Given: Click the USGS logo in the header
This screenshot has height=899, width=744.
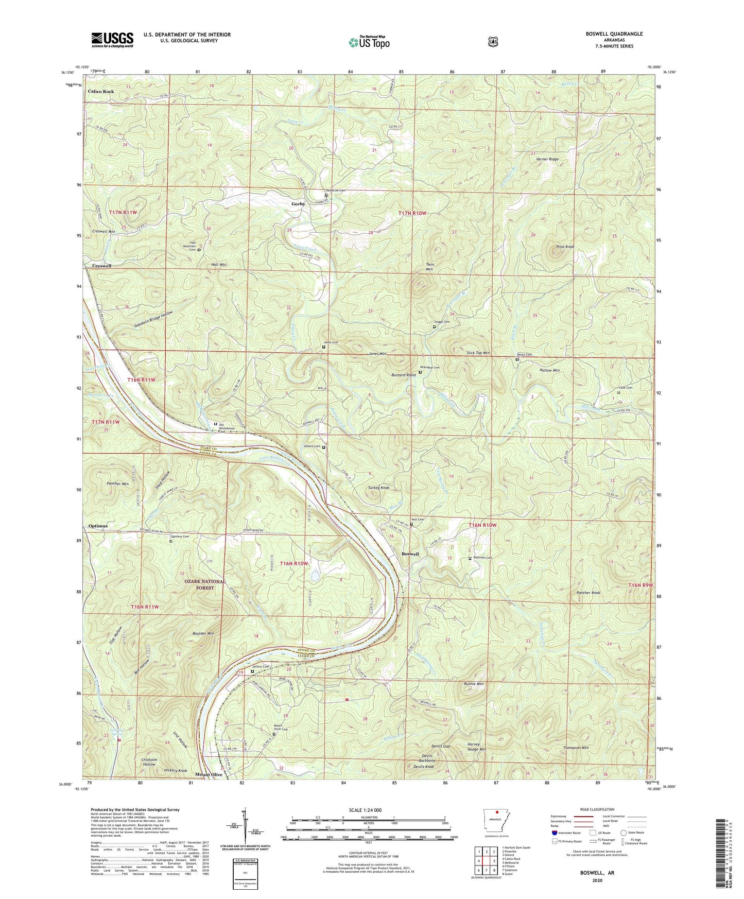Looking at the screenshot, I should click(112, 40).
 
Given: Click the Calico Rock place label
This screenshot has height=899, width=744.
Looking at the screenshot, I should click(101, 91).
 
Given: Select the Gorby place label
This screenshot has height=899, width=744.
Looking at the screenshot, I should click(298, 204).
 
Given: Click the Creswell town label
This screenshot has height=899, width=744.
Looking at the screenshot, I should click(101, 266).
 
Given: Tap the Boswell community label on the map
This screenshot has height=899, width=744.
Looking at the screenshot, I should click(410, 554).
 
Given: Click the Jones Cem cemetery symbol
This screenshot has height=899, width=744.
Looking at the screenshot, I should click(324, 347).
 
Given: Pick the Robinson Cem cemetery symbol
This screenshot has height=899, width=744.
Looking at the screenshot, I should click(470, 559).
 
